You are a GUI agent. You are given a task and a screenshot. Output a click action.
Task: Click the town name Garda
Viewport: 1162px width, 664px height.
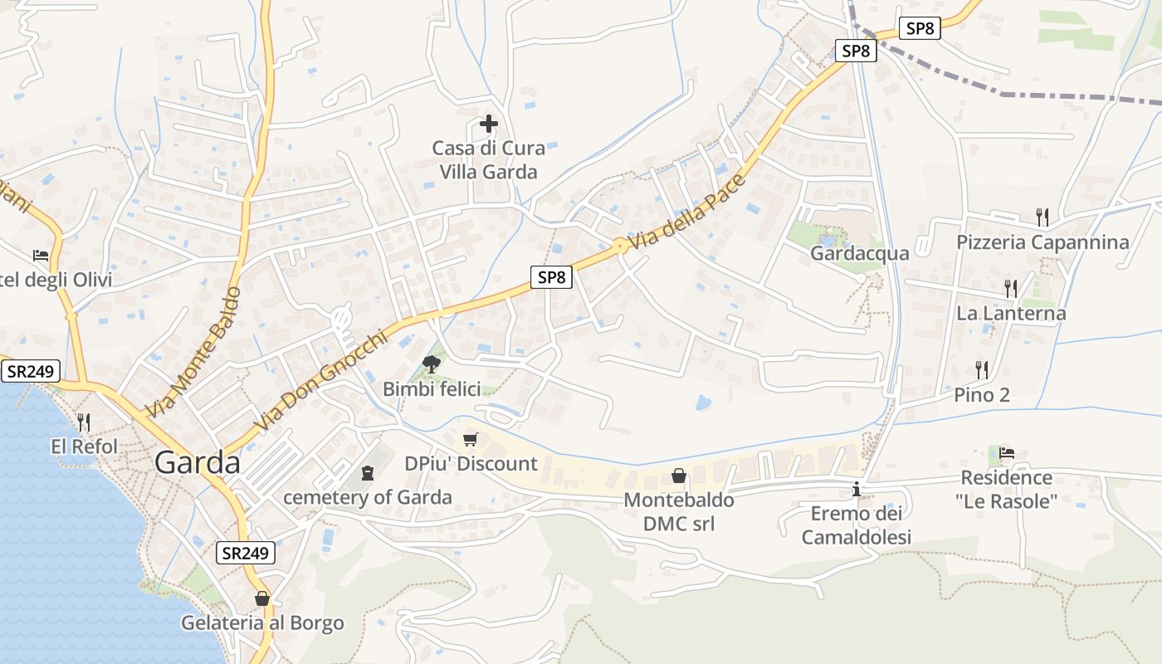coord(198,463)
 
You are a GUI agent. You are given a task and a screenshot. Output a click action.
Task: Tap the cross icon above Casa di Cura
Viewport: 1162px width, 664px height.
coord(489,124)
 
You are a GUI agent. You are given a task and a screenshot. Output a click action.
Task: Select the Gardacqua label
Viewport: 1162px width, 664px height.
coord(859,253)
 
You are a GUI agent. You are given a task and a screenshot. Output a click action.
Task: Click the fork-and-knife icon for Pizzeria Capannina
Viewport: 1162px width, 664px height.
coord(1043,217)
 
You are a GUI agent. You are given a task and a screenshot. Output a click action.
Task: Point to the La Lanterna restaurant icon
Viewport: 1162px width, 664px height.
coord(1011,289)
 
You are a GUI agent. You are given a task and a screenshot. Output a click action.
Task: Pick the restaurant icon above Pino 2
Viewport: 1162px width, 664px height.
coord(982,369)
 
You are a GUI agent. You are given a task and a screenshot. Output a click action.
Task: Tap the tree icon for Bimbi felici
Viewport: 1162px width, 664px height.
coord(431,363)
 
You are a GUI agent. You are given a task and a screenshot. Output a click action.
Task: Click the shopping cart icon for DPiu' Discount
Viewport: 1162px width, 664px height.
coord(471,439)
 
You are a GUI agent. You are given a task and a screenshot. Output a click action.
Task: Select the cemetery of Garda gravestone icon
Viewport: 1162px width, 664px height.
coord(368,473)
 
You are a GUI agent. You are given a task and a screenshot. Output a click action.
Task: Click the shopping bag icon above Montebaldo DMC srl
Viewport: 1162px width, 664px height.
coord(679,476)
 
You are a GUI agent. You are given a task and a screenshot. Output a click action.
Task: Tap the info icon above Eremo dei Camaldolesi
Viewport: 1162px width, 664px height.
coord(857,490)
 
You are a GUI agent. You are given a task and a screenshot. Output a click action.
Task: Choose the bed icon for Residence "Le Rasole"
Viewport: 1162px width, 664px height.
coord(1007,453)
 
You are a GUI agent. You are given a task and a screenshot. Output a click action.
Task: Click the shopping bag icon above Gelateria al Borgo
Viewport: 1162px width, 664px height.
coord(262,598)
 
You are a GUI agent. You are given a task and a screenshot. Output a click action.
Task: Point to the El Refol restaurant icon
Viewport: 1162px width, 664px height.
coord(84,422)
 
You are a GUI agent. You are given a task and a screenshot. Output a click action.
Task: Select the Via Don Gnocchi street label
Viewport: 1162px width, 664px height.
coord(321,381)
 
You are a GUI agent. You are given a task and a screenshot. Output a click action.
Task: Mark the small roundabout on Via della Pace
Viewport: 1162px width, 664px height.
coord(619,245)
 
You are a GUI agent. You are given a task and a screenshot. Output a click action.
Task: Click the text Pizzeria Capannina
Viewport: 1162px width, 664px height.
coord(1042,242)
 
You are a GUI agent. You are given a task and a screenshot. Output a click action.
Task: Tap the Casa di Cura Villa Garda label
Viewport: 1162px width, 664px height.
coord(489,160)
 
